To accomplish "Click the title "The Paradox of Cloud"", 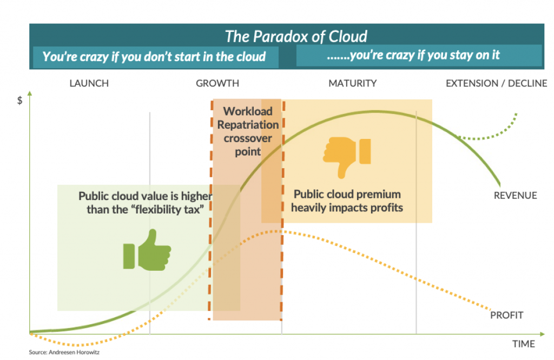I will [x=296, y=36].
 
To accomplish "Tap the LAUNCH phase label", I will [x=89, y=83].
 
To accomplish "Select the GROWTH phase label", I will [x=217, y=83].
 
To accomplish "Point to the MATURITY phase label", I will [x=352, y=83].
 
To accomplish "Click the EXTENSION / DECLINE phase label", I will [x=496, y=83].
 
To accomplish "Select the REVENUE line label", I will [x=515, y=196].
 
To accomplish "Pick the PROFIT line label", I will [x=506, y=315].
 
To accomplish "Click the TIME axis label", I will [x=523, y=344].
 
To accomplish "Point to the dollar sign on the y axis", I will [x=20, y=101].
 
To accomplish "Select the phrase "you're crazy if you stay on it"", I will [x=424, y=55].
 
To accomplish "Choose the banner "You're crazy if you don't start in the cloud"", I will [x=154, y=56].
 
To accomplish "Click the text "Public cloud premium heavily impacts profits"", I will [x=348, y=201].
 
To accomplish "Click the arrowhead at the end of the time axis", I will [x=542, y=332].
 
